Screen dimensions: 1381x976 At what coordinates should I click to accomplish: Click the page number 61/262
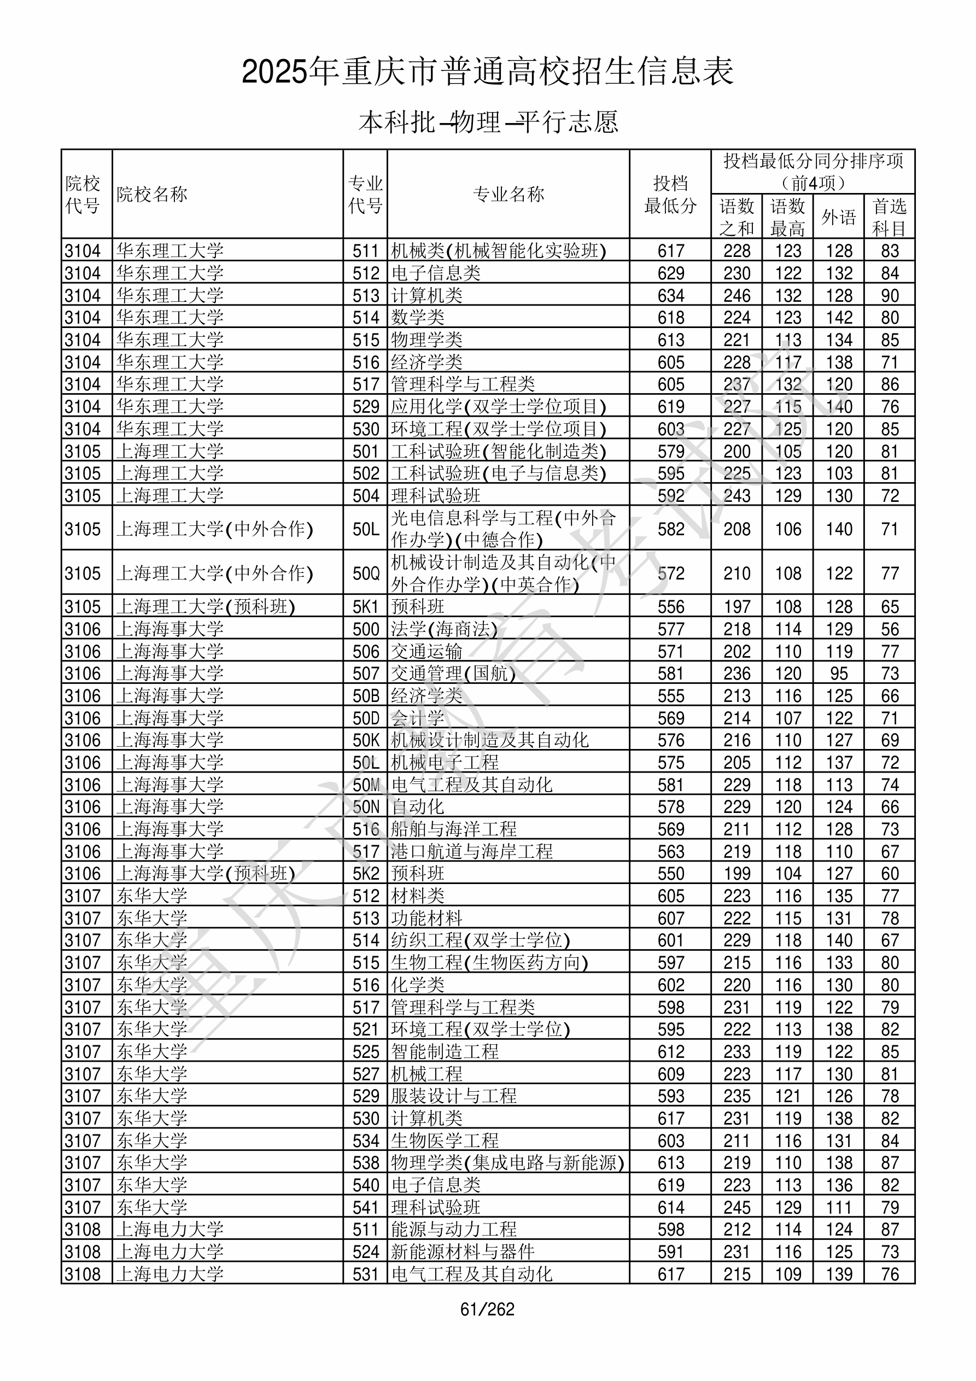click(x=487, y=1309)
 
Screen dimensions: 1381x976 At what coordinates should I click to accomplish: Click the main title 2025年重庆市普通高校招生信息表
click(x=487, y=72)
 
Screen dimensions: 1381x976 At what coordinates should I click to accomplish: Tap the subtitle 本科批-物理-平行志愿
click(x=488, y=122)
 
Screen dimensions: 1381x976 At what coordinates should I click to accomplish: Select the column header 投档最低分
click(x=670, y=194)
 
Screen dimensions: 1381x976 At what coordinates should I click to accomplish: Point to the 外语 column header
click(x=838, y=217)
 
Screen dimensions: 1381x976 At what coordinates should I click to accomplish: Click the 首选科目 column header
click(x=890, y=217)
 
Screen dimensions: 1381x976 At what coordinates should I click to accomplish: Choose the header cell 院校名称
click(x=152, y=194)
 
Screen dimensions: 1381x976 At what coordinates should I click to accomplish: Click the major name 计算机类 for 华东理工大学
click(x=426, y=295)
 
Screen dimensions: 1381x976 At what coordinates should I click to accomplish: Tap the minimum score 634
click(x=670, y=295)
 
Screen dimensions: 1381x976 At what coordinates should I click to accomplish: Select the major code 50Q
click(x=365, y=573)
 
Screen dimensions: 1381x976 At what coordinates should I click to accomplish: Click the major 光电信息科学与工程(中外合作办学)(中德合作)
click(x=503, y=529)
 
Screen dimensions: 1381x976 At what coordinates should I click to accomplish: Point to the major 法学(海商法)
click(x=444, y=629)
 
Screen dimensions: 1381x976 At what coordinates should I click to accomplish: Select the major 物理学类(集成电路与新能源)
click(x=507, y=1163)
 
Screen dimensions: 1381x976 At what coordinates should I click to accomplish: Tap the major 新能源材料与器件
click(x=462, y=1251)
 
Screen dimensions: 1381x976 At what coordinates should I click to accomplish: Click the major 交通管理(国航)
click(x=453, y=674)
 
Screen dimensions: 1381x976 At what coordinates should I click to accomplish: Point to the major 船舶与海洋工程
click(x=453, y=829)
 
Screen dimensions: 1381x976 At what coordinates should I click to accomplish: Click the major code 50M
click(x=365, y=785)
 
